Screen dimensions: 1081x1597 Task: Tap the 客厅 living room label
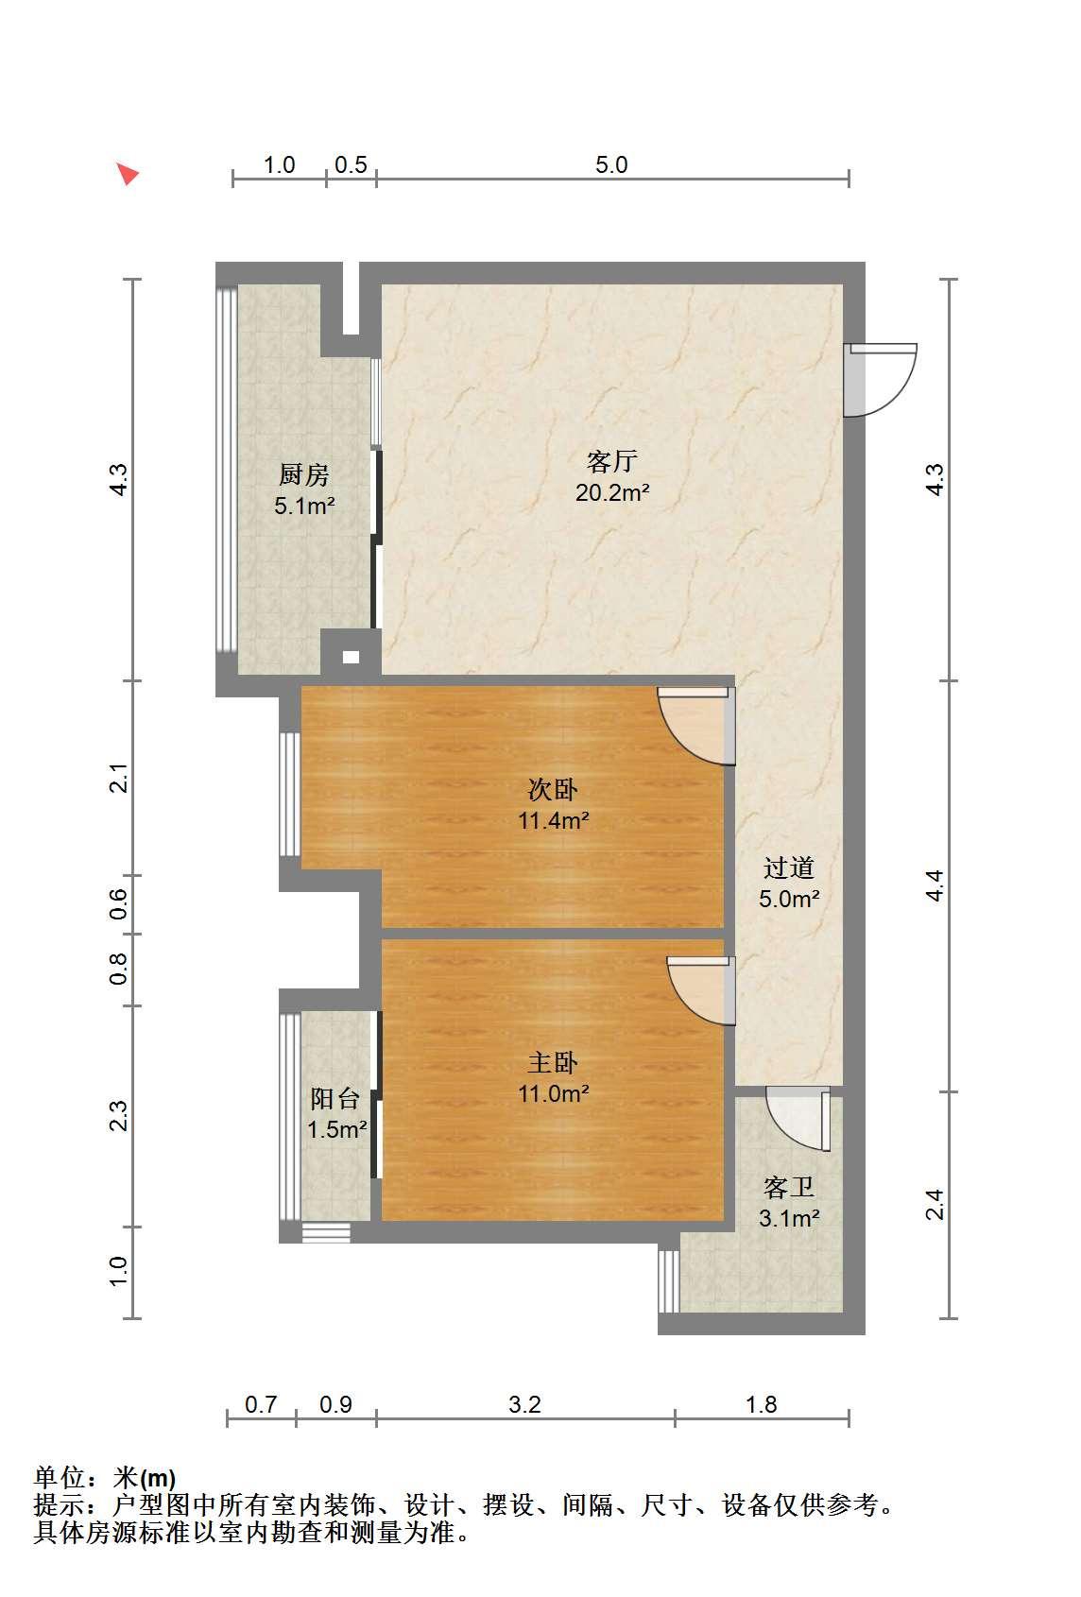coord(611,461)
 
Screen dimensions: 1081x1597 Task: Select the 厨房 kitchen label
coord(303,474)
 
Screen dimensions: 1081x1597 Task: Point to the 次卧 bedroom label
coord(553,789)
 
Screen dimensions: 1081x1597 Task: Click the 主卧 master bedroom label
coord(553,1063)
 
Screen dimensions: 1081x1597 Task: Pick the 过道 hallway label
coord(789,867)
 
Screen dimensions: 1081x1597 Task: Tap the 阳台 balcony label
coord(335,1098)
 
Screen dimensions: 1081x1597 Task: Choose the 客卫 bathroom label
coord(789,1187)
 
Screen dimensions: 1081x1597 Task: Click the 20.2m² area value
coord(611,492)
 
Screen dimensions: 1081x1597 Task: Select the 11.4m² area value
coord(554,820)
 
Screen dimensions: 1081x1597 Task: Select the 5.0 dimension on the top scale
coord(611,164)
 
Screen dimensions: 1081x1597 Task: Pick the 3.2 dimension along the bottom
coord(524,1404)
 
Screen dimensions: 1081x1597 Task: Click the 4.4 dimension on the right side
coord(935,885)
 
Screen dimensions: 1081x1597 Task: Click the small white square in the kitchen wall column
coord(351,658)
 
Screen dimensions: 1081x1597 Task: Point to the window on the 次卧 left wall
coord(289,794)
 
